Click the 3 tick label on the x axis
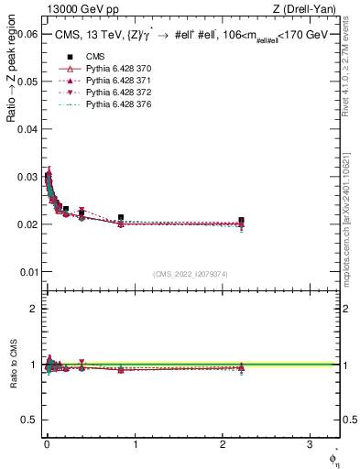click(x=311, y=444)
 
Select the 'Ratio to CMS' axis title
click(x=12, y=365)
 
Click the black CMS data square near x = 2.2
click(x=241, y=221)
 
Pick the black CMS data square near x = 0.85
click(x=121, y=218)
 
